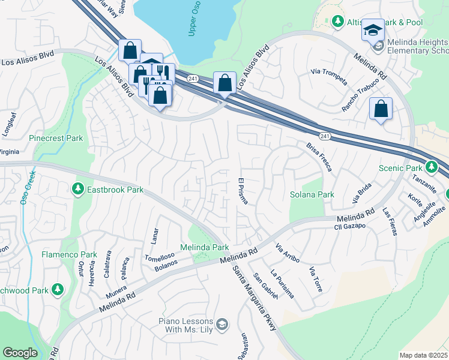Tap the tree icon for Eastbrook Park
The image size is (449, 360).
tap(77, 190)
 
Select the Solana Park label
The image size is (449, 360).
tap(312, 195)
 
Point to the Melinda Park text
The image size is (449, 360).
tap(205, 247)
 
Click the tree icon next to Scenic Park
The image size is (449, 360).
tap(431, 167)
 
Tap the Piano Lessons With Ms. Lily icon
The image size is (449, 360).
tap(222, 325)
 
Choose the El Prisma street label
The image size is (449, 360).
tap(243, 191)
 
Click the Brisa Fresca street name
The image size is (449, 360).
tap(319, 158)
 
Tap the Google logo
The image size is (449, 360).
tap(20, 353)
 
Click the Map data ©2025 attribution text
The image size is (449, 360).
tap(423, 355)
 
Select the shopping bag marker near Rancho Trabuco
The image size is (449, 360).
tap(381, 109)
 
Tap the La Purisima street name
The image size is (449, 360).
tap(282, 283)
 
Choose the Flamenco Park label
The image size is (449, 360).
tap(69, 254)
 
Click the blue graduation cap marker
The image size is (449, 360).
tap(373, 30)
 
